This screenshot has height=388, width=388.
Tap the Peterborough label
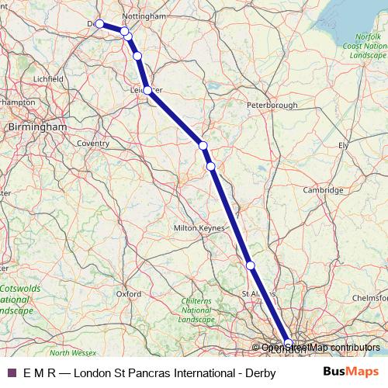(x=272, y=104)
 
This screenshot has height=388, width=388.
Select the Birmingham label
(x=36, y=126)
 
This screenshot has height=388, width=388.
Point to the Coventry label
(x=93, y=143)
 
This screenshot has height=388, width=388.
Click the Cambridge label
(x=323, y=190)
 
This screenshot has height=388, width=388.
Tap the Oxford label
(x=129, y=294)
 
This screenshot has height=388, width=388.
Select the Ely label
(x=344, y=145)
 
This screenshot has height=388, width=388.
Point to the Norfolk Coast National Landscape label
(x=368, y=47)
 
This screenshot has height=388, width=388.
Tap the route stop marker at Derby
(x=100, y=24)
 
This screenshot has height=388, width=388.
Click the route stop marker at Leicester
(x=147, y=91)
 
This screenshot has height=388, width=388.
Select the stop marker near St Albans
(x=250, y=265)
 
